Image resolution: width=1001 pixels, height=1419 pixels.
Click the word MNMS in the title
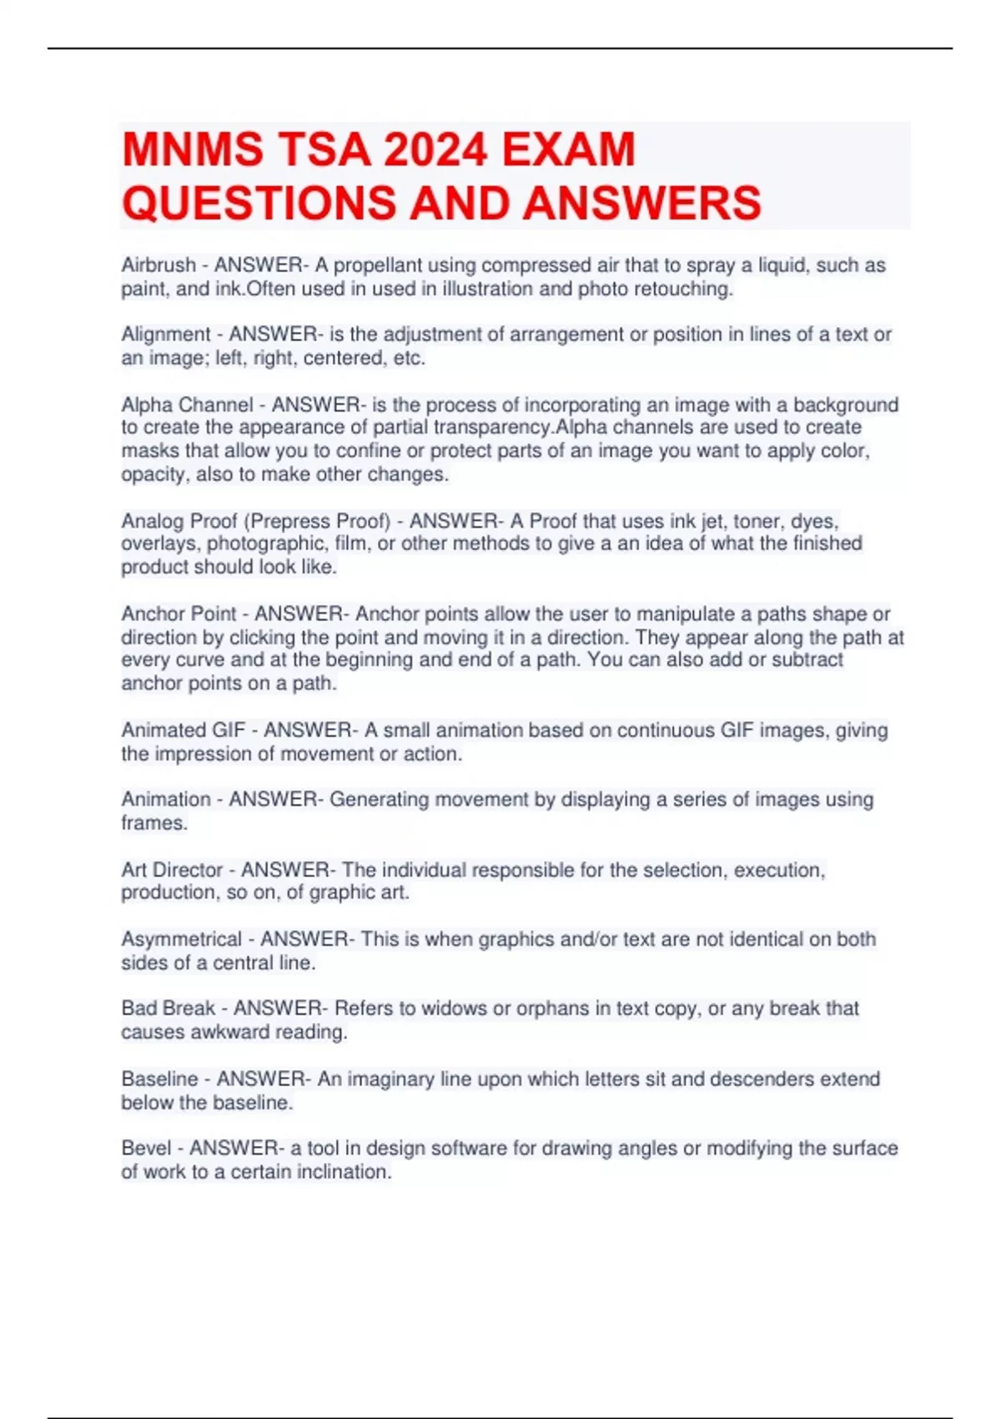pyautogui.click(x=194, y=150)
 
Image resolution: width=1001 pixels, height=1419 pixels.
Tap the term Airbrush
pyautogui.click(x=158, y=265)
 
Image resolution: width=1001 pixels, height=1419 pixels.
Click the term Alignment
pyautogui.click(x=166, y=335)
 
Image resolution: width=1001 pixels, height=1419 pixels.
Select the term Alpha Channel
pyautogui.click(x=187, y=405)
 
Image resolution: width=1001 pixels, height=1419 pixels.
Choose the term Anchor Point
pyautogui.click(x=179, y=614)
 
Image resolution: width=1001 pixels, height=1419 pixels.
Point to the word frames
pyautogui.click(x=153, y=823)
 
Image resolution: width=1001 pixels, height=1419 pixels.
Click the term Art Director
pyautogui.click(x=172, y=870)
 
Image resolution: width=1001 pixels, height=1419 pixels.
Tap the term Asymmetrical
pyautogui.click(x=181, y=940)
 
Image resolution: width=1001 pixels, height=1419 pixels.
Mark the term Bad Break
pyautogui.click(x=168, y=1008)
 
